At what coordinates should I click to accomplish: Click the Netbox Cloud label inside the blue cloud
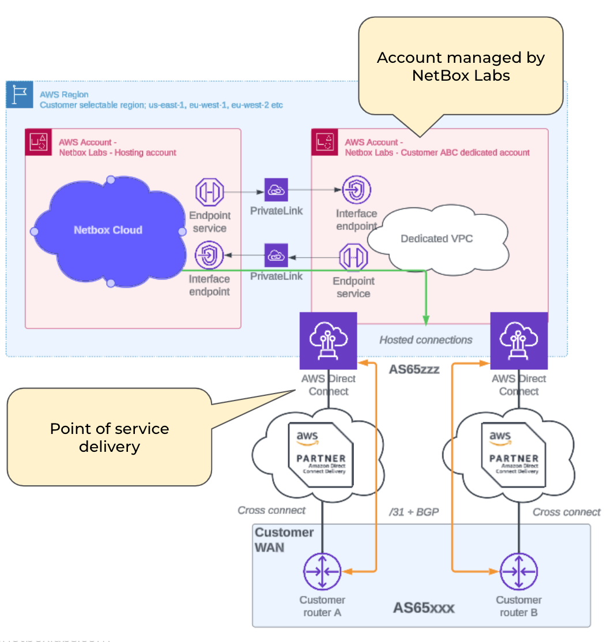pos(108,230)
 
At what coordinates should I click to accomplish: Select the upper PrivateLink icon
pos(276,190)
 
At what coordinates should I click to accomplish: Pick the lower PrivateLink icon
pos(276,255)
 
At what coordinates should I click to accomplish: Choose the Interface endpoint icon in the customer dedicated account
pos(356,190)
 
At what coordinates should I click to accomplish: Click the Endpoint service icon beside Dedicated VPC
pos(353,257)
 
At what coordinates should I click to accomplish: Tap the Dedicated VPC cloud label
pos(436,239)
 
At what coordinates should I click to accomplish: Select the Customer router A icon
pos(322,571)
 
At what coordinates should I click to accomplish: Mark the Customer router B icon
pos(518,571)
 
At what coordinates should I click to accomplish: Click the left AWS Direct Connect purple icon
pos(328,341)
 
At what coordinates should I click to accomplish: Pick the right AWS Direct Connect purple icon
pos(518,341)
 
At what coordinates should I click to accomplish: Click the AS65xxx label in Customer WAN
pos(424,607)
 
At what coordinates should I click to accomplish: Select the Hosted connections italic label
pos(425,340)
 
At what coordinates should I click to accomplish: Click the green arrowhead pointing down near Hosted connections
pos(426,320)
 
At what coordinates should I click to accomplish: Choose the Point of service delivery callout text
pos(110,437)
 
